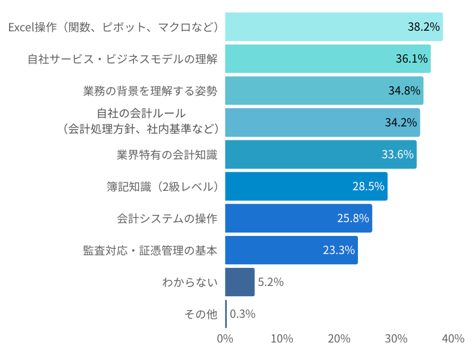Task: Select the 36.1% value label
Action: click(411, 59)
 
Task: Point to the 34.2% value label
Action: click(401, 123)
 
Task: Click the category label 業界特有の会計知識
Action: click(167, 155)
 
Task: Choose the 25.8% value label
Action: click(352, 219)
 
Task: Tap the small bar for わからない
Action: click(239, 282)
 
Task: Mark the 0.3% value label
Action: click(243, 314)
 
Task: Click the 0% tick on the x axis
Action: click(225, 339)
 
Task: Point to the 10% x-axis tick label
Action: click(282, 339)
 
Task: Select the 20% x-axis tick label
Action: click(339, 339)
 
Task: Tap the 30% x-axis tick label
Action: click(396, 339)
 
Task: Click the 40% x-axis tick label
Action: click(453, 339)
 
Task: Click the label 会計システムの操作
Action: click(167, 219)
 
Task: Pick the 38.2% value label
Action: click(423, 27)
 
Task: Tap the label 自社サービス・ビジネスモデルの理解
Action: click(122, 59)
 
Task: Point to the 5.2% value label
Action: click(271, 282)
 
